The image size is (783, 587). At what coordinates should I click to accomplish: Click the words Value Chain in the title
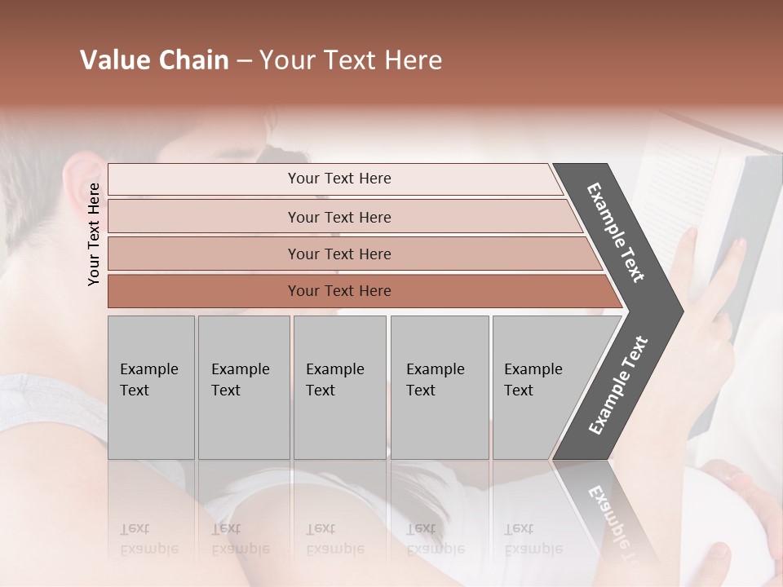[x=154, y=60]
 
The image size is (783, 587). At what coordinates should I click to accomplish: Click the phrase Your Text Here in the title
[x=351, y=60]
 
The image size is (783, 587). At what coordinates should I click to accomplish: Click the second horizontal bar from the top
[x=339, y=217]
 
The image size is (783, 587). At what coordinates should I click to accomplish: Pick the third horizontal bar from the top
[x=339, y=254]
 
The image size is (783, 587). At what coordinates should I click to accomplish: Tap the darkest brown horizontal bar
[x=339, y=291]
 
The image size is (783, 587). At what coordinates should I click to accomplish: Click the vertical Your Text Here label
[x=95, y=234]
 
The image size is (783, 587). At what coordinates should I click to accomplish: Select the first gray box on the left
[x=151, y=387]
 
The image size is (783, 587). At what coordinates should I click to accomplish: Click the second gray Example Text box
[x=243, y=387]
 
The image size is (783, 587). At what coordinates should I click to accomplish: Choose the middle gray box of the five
[x=339, y=387]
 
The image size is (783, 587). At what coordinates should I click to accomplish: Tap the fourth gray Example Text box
[x=439, y=387]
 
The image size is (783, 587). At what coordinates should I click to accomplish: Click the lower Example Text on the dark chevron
[x=618, y=386]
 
